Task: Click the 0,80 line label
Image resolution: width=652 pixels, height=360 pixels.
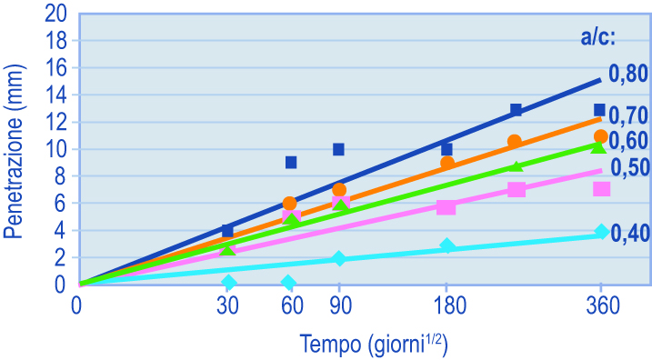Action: (628, 74)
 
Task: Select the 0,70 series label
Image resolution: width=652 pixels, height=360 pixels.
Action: (628, 115)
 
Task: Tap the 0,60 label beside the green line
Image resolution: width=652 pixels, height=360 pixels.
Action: (628, 141)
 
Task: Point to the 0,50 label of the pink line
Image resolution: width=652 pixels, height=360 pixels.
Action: (630, 167)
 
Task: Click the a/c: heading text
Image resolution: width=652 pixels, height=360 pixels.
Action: (598, 38)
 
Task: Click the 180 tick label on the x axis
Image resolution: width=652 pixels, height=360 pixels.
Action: (449, 306)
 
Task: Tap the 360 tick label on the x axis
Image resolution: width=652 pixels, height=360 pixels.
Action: (603, 306)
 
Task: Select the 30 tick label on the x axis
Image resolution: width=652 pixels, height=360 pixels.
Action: (227, 306)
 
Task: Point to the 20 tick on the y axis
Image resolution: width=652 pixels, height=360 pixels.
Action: (56, 15)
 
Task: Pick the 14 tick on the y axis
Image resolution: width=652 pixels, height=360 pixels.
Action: (56, 95)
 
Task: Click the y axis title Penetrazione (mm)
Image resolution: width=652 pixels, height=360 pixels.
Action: (14, 152)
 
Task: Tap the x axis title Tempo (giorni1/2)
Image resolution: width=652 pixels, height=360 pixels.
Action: (374, 345)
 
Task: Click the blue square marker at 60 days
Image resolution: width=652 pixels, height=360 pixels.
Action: (291, 162)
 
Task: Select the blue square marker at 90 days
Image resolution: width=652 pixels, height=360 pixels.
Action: (338, 149)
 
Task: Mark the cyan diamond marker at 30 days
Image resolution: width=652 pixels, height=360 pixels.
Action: (228, 283)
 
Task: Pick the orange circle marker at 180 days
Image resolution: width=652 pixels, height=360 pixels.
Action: (447, 163)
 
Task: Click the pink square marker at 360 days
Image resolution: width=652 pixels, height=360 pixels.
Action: (601, 189)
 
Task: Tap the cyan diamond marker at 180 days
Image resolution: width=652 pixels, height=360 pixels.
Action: (447, 246)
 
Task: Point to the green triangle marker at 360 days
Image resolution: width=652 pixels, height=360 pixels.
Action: (598, 147)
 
